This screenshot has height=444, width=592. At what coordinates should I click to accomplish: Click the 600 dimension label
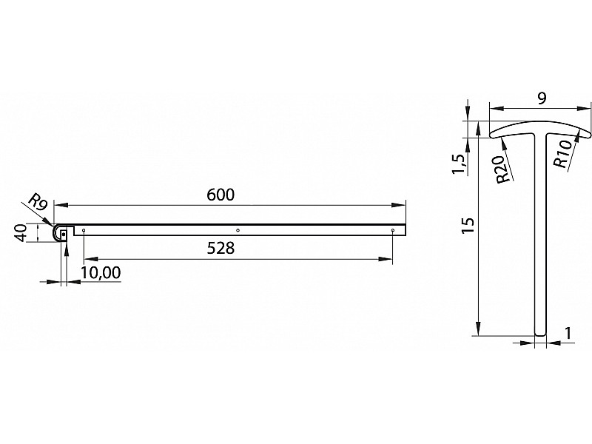pos(221,195)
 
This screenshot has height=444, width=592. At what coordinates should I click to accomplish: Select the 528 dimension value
pos(221,249)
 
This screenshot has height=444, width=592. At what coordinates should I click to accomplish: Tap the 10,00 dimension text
pos(101,272)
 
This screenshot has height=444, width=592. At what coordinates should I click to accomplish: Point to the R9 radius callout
pos(38,202)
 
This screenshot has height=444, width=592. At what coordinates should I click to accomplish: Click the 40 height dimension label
pos(20,232)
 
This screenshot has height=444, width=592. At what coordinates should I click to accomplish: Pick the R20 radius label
pos(504,169)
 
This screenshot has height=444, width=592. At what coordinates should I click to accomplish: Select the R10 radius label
pos(562,155)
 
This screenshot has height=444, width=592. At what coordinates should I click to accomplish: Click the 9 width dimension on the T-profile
pos(542,98)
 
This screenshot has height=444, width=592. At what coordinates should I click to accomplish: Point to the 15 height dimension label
pos(468,226)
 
